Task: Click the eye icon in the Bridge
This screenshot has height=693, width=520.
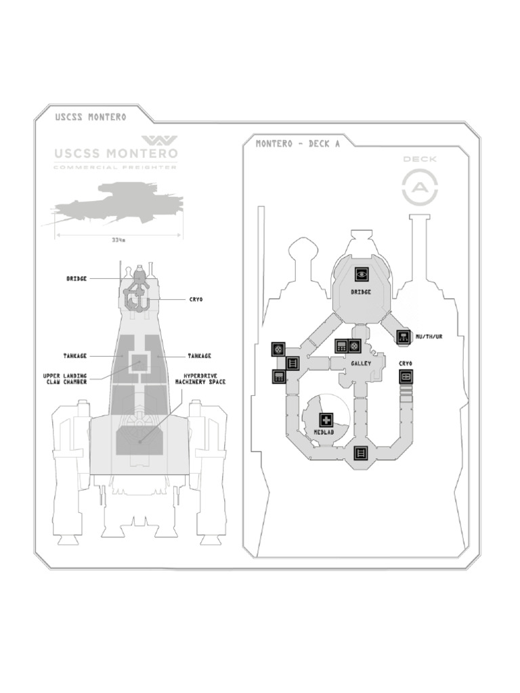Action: pos(362,274)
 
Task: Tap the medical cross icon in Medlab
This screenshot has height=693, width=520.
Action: pos(326,420)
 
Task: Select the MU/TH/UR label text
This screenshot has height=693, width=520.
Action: pos(429,336)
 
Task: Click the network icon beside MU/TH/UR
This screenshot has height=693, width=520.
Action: pos(404,336)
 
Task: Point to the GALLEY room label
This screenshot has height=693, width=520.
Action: pos(361,364)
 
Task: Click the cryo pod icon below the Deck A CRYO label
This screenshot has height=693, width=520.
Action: pos(406,377)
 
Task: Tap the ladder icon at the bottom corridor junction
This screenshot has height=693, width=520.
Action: pos(362,453)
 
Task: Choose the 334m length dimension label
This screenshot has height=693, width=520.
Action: pos(118,239)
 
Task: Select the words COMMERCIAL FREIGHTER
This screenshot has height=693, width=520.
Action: pos(115,167)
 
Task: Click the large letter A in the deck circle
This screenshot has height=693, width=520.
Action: pos(420,187)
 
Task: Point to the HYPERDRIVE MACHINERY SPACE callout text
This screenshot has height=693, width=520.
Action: pos(200,378)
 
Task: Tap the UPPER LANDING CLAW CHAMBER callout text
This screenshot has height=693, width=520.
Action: pos(66,378)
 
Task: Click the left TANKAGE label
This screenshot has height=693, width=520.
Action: pos(75,356)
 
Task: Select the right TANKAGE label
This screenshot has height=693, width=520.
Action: pos(199,356)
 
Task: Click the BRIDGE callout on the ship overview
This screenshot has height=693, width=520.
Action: pos(77,278)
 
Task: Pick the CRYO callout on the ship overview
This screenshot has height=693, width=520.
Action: pos(196,299)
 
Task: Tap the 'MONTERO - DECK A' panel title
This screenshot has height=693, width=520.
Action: pos(297,143)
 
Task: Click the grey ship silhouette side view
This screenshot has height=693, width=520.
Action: pos(115,203)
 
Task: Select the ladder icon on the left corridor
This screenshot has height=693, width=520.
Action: pos(292,363)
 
